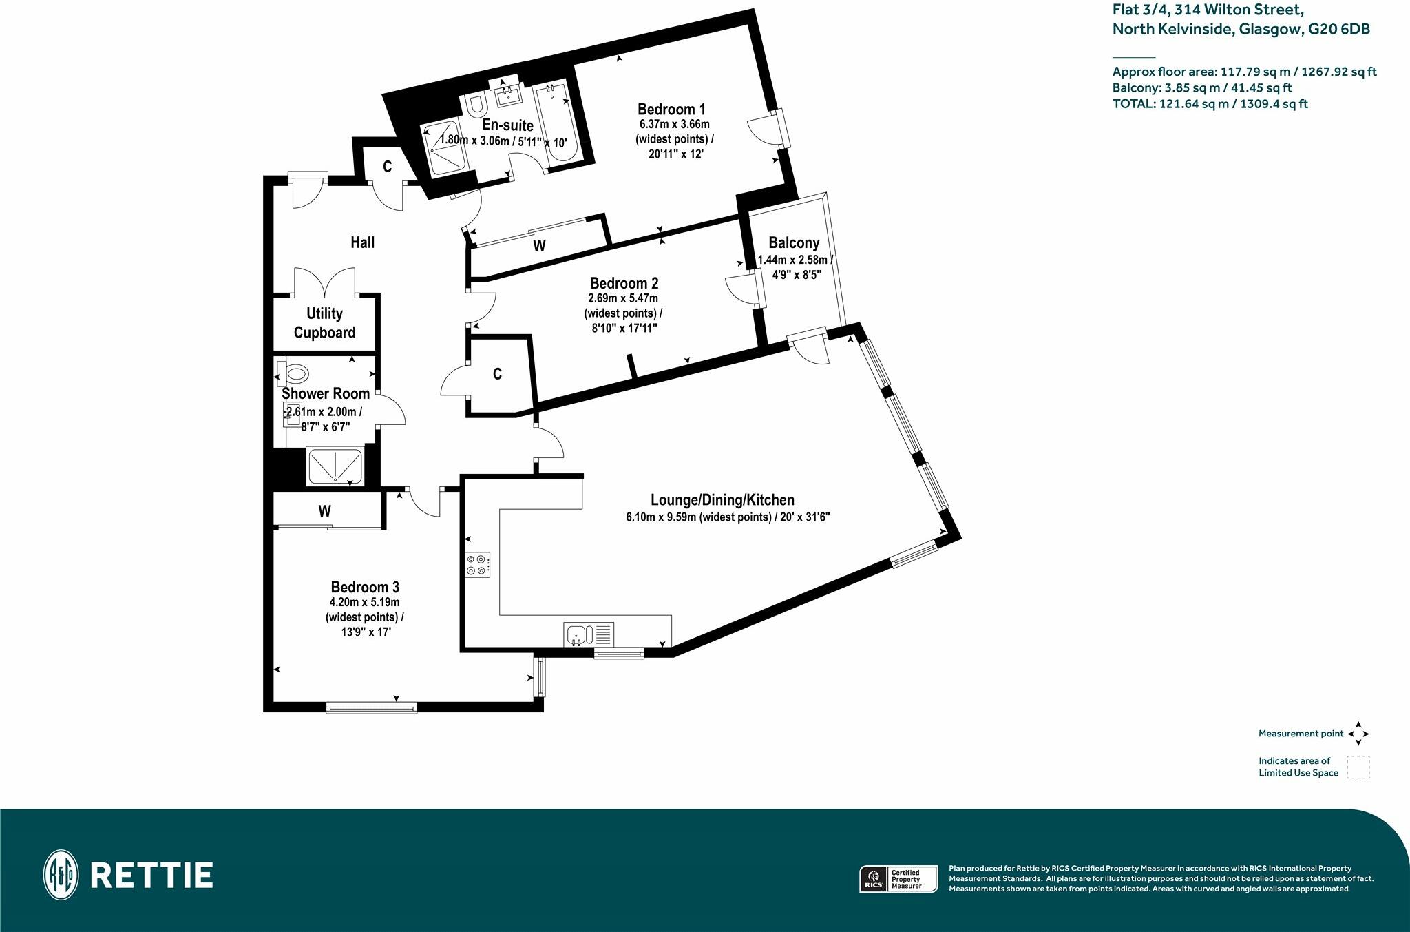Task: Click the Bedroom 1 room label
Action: click(x=671, y=109)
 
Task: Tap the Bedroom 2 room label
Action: click(x=624, y=283)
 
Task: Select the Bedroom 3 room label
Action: click(x=365, y=587)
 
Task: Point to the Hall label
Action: click(x=362, y=242)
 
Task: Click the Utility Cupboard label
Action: click(x=324, y=323)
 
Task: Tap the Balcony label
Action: click(x=794, y=242)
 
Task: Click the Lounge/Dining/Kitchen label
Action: click(x=722, y=500)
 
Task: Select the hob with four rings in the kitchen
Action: click(x=478, y=564)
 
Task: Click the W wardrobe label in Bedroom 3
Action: click(x=325, y=511)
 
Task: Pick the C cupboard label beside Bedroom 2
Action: click(x=497, y=374)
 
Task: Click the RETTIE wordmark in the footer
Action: click(x=151, y=876)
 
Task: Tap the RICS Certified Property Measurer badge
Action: click(x=898, y=879)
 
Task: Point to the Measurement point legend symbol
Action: click(x=1358, y=734)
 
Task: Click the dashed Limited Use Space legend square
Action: click(x=1358, y=767)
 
